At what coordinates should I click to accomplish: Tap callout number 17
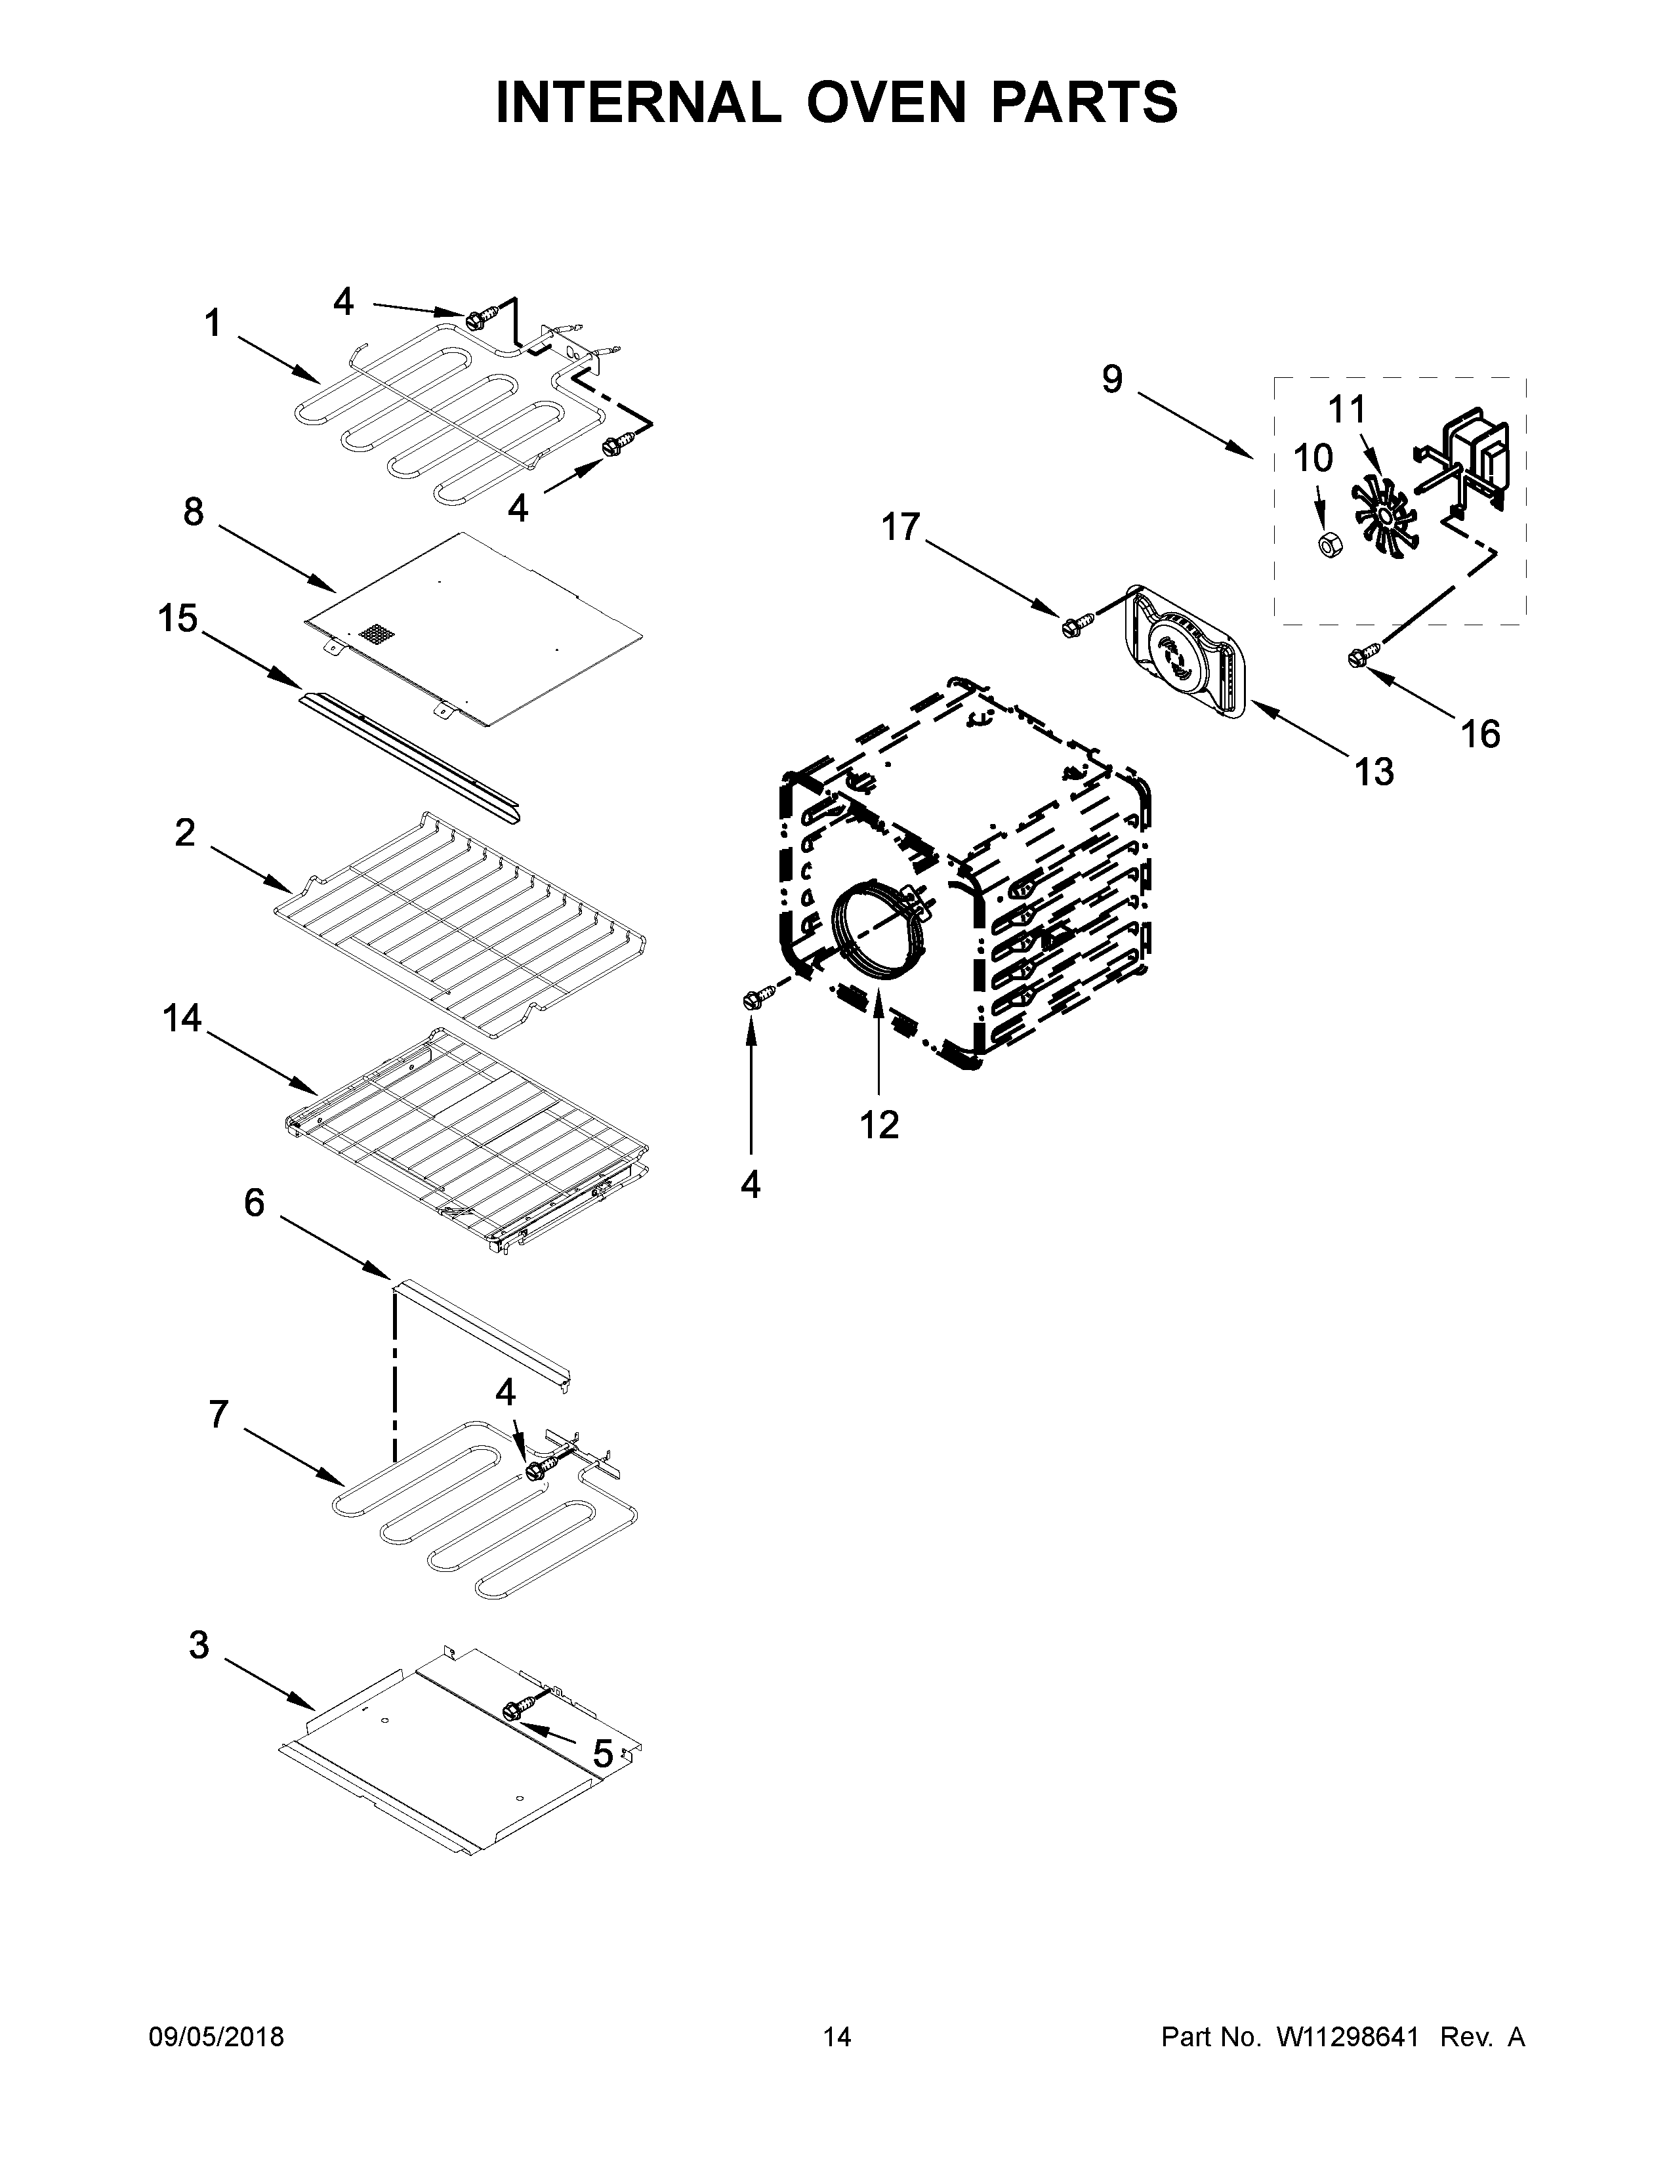click(x=901, y=527)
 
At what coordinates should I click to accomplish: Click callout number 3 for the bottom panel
click(x=199, y=1645)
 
